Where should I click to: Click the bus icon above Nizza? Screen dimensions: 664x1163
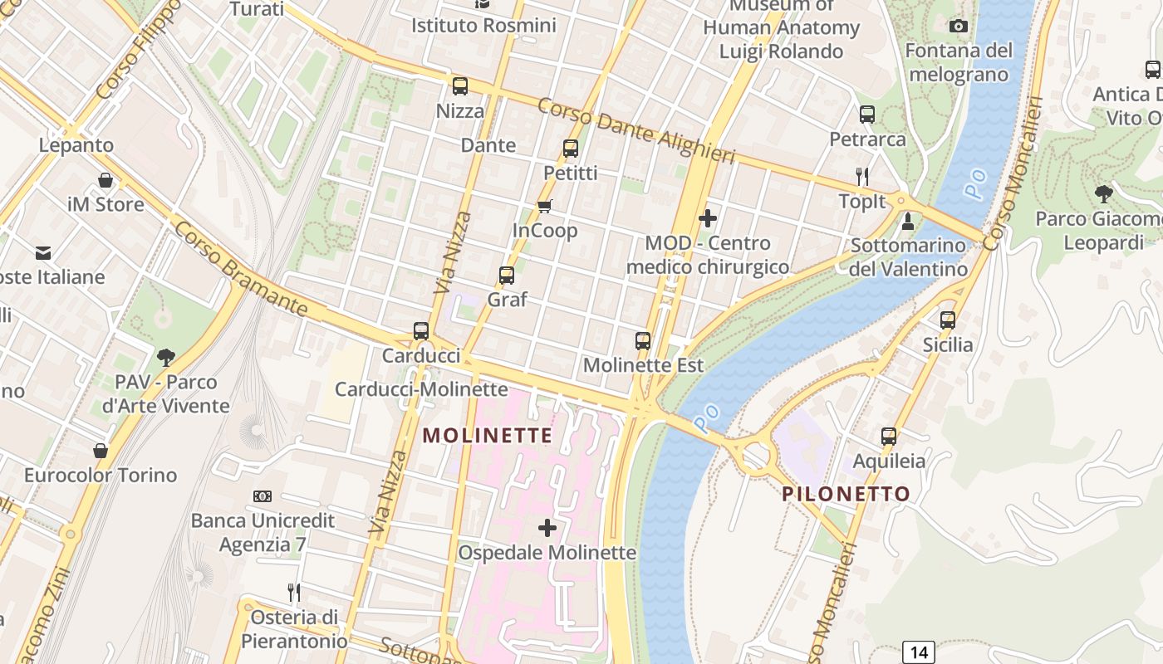click(x=459, y=86)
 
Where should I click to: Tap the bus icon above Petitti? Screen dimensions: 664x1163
click(x=570, y=149)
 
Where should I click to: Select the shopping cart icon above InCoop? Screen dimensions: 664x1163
click(x=544, y=206)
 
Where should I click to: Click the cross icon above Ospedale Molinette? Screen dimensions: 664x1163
click(x=547, y=528)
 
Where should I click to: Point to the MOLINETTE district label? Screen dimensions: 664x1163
click(x=488, y=436)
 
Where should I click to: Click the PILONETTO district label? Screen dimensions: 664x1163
click(x=846, y=494)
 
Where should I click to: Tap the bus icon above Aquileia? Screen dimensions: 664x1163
click(x=889, y=437)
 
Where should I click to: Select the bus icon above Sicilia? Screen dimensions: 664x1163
click(x=948, y=320)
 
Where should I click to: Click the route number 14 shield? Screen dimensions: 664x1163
click(x=919, y=652)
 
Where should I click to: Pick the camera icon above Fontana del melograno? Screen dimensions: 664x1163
click(x=959, y=27)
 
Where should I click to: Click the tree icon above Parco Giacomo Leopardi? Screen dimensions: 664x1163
click(x=1103, y=194)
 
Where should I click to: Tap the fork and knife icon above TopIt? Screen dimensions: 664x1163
click(x=862, y=176)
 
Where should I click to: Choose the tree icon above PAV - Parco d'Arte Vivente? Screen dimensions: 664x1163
click(x=166, y=358)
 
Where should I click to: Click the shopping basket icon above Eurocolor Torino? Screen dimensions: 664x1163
click(x=101, y=451)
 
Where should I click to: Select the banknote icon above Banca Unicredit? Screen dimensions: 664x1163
click(x=263, y=496)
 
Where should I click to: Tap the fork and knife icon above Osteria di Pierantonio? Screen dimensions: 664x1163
click(x=293, y=593)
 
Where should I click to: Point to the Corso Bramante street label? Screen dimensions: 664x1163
click(x=240, y=267)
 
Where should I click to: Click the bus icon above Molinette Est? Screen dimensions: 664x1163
click(x=642, y=341)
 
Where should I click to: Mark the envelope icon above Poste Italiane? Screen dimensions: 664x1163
click(x=42, y=252)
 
